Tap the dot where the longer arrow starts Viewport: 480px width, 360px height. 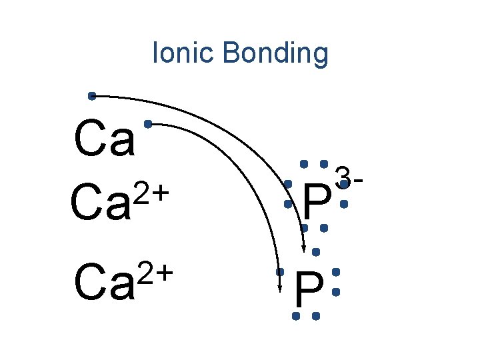click(x=92, y=96)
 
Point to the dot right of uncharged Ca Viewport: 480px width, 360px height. click(x=147, y=123)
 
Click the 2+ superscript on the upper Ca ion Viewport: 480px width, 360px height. click(x=152, y=194)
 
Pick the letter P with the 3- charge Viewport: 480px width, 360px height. click(x=316, y=203)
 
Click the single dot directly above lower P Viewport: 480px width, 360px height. click(x=316, y=252)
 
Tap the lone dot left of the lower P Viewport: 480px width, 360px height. click(x=281, y=272)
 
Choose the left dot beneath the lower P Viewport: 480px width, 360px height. click(x=295, y=315)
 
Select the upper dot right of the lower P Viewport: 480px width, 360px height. click(x=335, y=272)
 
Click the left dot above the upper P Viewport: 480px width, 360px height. click(x=303, y=163)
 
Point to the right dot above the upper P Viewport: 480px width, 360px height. click(x=323, y=163)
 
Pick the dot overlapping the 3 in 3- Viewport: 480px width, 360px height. click(x=343, y=183)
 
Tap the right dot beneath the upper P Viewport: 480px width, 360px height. click(x=323, y=228)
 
